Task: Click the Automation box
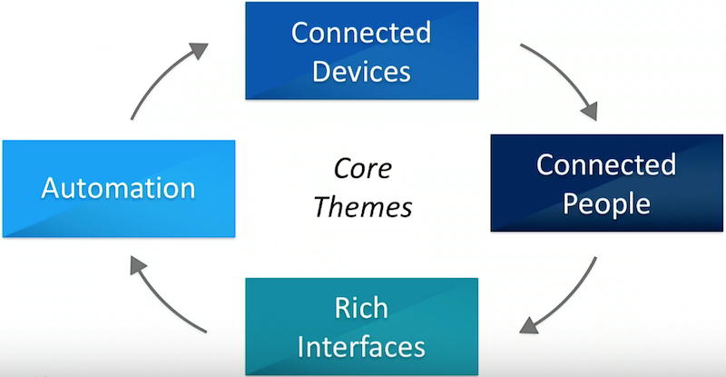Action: coord(119,189)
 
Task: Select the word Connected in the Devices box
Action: coord(361,33)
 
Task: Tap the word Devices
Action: coord(361,72)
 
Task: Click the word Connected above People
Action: coord(606,164)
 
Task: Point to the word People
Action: coord(606,203)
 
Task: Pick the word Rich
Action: coord(361,307)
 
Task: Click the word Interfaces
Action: coord(361,347)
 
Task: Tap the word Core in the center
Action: coord(362,168)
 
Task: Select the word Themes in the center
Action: coord(362,207)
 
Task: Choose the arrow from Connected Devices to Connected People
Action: coord(565,75)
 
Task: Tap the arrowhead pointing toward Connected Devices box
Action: coord(200,50)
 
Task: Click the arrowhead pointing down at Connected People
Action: coord(589,112)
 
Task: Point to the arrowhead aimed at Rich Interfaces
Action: coord(529,325)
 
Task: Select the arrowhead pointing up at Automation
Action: coord(138,264)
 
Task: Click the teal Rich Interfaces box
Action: coord(361,327)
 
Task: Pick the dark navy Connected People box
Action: coord(606,184)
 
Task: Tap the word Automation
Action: coord(119,188)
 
